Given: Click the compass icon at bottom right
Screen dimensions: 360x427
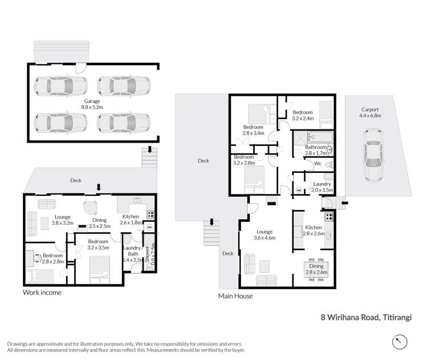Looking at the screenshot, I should (400, 342).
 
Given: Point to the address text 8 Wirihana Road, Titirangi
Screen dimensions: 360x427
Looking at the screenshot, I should (366, 317).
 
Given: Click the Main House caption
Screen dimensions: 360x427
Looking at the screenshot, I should (235, 296).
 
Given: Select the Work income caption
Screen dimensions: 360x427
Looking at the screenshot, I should (42, 293).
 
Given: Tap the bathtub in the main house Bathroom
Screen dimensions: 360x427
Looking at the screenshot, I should (311, 137).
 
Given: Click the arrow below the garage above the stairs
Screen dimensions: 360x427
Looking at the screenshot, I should (149, 149).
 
